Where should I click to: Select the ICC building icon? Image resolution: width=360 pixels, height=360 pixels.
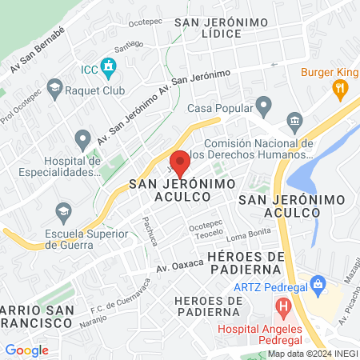point(107,66)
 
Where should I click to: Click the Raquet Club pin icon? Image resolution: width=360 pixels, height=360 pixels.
point(54,86)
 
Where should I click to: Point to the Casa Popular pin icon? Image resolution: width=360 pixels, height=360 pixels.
point(264,107)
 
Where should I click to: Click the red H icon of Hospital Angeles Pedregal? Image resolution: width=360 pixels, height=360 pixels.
point(282,305)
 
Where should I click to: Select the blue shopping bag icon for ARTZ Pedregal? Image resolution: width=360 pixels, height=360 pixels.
point(318,283)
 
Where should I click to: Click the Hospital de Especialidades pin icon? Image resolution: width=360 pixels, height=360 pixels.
point(82,140)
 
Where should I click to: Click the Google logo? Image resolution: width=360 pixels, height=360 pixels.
point(26,350)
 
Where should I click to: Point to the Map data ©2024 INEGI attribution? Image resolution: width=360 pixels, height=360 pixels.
point(311,354)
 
